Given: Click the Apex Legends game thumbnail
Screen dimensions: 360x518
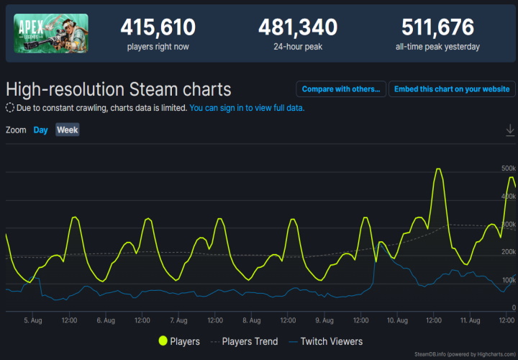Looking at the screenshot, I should point(51,33).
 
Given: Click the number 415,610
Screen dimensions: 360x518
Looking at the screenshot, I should point(158,27).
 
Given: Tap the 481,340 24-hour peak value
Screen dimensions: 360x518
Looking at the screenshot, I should point(297,27).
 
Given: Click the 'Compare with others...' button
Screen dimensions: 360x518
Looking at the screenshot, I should point(340,89).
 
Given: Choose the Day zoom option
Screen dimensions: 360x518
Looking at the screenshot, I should point(40,130).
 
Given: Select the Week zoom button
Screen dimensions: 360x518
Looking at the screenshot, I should point(68,130).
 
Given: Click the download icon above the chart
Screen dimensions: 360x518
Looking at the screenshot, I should point(510,130).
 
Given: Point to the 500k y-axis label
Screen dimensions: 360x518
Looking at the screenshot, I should point(509,168).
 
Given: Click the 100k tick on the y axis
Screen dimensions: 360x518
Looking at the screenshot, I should point(509,280).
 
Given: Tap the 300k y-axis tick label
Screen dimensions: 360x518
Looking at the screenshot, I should point(509,225).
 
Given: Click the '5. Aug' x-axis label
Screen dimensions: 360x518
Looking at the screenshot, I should point(33,320).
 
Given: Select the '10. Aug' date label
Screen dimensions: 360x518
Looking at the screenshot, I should point(398,320).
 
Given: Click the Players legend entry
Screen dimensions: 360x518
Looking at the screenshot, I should point(179,341).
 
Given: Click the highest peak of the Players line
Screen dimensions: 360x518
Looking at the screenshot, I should point(437,169).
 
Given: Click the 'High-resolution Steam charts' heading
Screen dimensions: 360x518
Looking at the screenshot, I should point(119,89).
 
